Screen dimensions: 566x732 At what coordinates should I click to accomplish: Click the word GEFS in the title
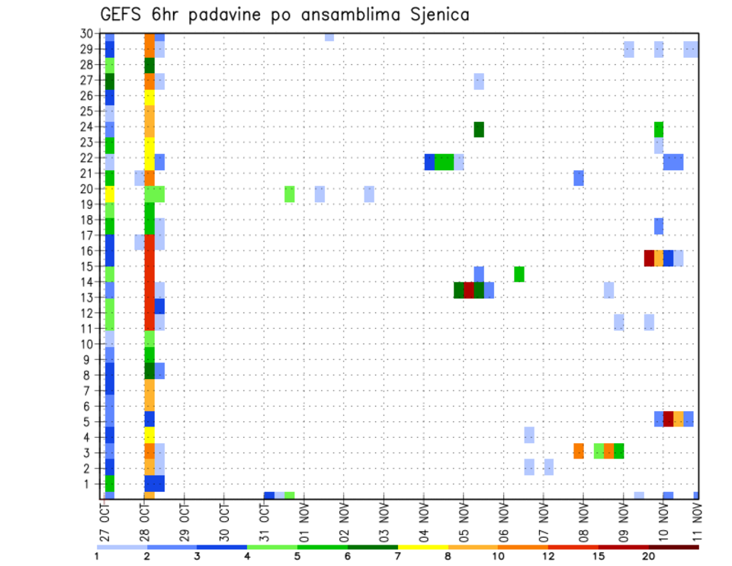pos(121,14)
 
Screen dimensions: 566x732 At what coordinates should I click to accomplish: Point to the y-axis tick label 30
pos(88,33)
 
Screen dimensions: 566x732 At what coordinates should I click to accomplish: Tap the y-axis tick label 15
pos(88,267)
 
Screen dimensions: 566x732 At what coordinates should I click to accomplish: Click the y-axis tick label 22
pos(88,158)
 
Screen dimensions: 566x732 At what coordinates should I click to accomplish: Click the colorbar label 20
pos(648,556)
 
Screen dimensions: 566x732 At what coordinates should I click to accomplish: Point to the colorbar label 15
pos(599,556)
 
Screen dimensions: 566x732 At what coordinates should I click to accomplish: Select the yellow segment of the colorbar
pos(422,547)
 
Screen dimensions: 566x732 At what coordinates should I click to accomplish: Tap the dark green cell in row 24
pos(479,130)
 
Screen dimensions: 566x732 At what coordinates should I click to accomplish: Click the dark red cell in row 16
pos(649,258)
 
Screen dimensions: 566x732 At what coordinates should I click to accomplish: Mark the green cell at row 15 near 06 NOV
pos(518,274)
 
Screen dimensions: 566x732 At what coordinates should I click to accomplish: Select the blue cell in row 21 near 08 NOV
pos(579,178)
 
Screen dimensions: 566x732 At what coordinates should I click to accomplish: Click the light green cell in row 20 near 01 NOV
pos(290,194)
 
